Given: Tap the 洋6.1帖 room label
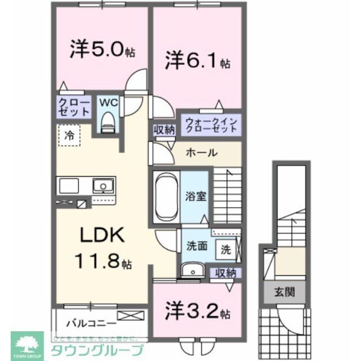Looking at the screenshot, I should pyautogui.click(x=197, y=60).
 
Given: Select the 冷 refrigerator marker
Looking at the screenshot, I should pyautogui.click(x=69, y=135).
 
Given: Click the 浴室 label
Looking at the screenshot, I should pyautogui.click(x=195, y=197).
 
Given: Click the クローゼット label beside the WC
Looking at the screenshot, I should pyautogui.click(x=74, y=107).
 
